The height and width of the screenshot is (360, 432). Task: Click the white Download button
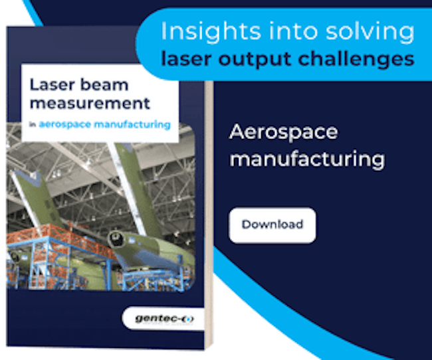[x=272, y=225]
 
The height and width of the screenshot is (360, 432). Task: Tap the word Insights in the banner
[x=211, y=32]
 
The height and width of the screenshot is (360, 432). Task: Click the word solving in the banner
[x=370, y=32]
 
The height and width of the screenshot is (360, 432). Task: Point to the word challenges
[x=356, y=59]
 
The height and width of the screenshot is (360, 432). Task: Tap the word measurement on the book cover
[x=90, y=104]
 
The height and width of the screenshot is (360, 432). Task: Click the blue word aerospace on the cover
[x=64, y=125]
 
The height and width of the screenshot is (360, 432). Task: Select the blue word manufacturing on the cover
[x=132, y=124]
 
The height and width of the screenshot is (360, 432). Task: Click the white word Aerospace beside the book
[x=284, y=132]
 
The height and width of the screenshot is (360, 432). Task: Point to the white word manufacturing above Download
[x=307, y=159]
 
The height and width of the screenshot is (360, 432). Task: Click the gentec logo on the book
[x=164, y=319]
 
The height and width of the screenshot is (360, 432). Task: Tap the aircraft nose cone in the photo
[x=116, y=239]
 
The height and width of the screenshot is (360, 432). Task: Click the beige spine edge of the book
[x=209, y=215]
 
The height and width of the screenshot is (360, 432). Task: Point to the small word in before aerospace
[x=33, y=125]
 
